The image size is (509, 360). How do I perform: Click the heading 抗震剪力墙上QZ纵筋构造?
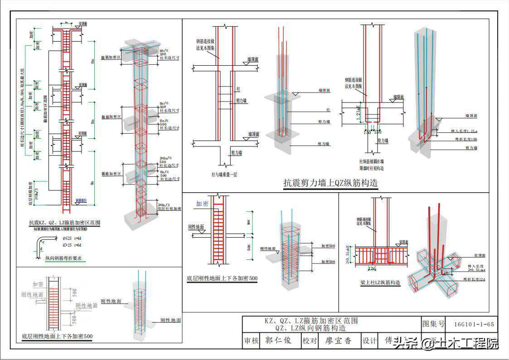pyautogui.click(x=330, y=183)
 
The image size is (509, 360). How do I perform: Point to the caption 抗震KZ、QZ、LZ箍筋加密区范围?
pyautogui.click(x=64, y=223)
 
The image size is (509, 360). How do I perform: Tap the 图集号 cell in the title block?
pyautogui.click(x=433, y=324)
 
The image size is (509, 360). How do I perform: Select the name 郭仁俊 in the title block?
pyautogui.click(x=278, y=341)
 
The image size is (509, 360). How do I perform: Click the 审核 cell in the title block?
pyautogui.click(x=252, y=341)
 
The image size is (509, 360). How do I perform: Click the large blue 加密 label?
pyautogui.click(x=202, y=204)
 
